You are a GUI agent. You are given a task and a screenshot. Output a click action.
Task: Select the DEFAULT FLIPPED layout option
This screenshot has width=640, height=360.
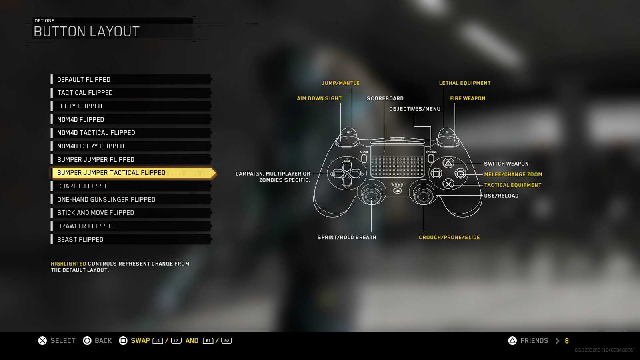point(131,79)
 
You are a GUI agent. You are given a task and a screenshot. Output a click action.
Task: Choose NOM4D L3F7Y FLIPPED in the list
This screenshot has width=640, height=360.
point(131,146)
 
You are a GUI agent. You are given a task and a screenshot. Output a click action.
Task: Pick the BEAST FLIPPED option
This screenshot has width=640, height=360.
point(131,239)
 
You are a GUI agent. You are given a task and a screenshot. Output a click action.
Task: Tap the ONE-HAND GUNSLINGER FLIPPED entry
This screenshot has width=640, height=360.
point(131,199)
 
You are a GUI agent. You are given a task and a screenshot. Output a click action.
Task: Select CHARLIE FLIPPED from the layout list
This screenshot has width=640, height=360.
point(131,186)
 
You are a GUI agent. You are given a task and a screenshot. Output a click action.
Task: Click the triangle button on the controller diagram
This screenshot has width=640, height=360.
point(448,163)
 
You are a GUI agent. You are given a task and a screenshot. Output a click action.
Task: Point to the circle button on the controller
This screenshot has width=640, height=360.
point(460,174)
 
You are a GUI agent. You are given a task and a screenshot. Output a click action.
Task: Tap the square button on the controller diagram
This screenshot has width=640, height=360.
point(436,174)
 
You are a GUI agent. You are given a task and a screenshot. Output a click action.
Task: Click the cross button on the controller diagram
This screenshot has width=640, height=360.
point(448,184)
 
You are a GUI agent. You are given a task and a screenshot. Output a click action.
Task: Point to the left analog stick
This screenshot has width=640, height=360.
point(371,194)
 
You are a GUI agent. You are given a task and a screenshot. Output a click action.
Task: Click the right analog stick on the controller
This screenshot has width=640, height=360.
point(424,194)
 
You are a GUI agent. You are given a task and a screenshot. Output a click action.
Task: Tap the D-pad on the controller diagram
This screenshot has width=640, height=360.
point(347,174)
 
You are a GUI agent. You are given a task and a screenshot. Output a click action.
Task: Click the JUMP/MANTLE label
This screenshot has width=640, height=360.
point(340,83)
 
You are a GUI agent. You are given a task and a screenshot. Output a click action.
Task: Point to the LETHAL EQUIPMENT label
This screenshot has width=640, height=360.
point(465,83)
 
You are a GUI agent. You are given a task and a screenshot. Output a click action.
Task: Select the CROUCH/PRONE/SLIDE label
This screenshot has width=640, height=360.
point(449,237)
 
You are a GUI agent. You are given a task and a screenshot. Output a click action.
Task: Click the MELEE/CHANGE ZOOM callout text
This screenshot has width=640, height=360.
point(513,174)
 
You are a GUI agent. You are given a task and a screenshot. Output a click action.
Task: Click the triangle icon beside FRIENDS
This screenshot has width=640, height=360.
point(512,340)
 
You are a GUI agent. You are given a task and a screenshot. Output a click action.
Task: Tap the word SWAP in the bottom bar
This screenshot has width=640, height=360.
point(140,340)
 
